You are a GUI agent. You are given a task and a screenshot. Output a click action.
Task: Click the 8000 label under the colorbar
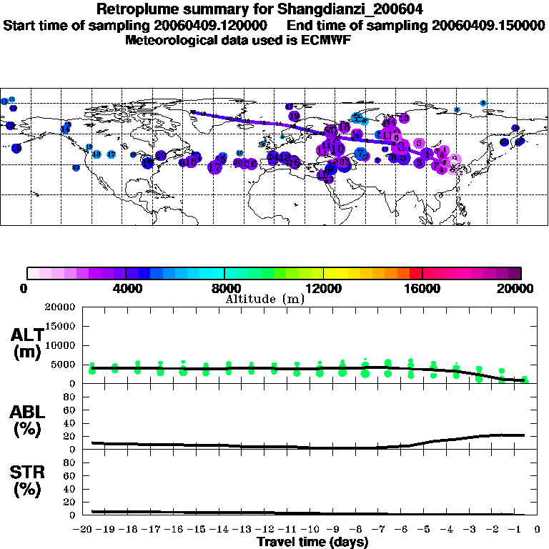(x=224, y=289)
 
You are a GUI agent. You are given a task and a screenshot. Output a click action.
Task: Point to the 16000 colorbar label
(x=422, y=289)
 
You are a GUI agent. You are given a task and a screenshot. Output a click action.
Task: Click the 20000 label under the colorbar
(x=520, y=289)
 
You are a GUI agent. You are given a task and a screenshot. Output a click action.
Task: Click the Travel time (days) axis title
(x=312, y=542)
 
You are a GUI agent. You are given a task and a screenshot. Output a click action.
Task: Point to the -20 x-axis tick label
(x=84, y=530)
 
